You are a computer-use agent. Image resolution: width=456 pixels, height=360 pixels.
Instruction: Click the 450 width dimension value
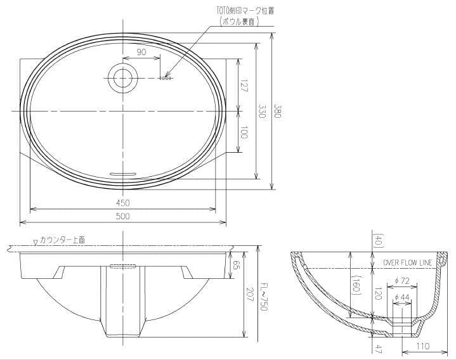click(x=123, y=203)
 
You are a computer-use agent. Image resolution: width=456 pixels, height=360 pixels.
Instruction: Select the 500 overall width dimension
click(x=123, y=217)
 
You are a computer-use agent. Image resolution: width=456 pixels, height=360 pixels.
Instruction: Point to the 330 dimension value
click(x=261, y=112)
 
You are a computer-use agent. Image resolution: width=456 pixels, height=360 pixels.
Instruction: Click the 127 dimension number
click(x=244, y=86)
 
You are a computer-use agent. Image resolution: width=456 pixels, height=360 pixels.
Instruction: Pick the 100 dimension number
click(x=244, y=132)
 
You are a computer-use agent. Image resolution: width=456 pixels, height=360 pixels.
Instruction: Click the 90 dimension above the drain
click(x=141, y=53)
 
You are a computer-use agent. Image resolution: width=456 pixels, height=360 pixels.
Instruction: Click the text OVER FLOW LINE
click(x=407, y=262)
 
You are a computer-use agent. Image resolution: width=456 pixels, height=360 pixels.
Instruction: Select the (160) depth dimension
click(x=357, y=284)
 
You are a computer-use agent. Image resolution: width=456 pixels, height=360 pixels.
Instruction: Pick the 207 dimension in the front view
click(x=249, y=293)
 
